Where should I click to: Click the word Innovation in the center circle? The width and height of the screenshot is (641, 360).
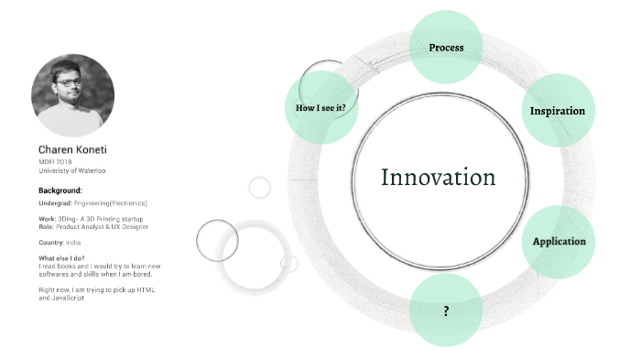438,178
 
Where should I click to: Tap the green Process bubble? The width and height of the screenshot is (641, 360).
446,48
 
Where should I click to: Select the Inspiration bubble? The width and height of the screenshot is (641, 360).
557,111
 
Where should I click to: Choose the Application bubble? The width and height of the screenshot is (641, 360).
559,242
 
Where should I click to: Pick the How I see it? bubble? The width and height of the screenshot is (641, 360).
320,108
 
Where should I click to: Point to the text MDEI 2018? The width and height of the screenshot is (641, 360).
55,162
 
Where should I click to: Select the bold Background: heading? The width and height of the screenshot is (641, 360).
60,191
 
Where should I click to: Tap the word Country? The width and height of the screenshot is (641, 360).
51,242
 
